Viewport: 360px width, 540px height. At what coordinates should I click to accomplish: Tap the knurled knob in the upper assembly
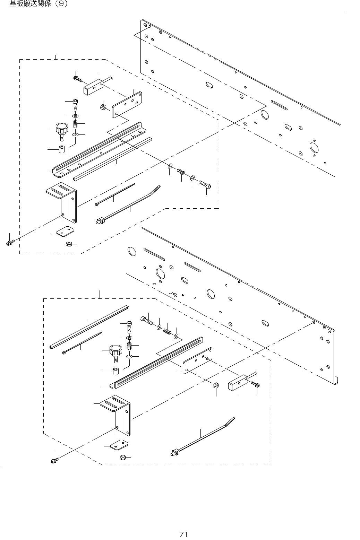[62, 129]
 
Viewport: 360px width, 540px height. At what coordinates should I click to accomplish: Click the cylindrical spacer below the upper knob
[62, 150]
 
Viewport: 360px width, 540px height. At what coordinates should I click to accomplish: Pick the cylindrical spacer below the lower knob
[116, 372]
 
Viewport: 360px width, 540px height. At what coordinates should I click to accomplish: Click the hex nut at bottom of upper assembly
[68, 244]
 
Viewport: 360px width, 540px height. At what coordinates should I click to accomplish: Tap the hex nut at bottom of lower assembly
[122, 457]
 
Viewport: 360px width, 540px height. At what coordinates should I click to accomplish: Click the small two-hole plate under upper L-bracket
[65, 231]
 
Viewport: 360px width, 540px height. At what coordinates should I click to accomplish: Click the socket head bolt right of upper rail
[205, 184]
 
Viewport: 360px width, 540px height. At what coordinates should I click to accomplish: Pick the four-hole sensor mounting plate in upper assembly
[127, 105]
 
